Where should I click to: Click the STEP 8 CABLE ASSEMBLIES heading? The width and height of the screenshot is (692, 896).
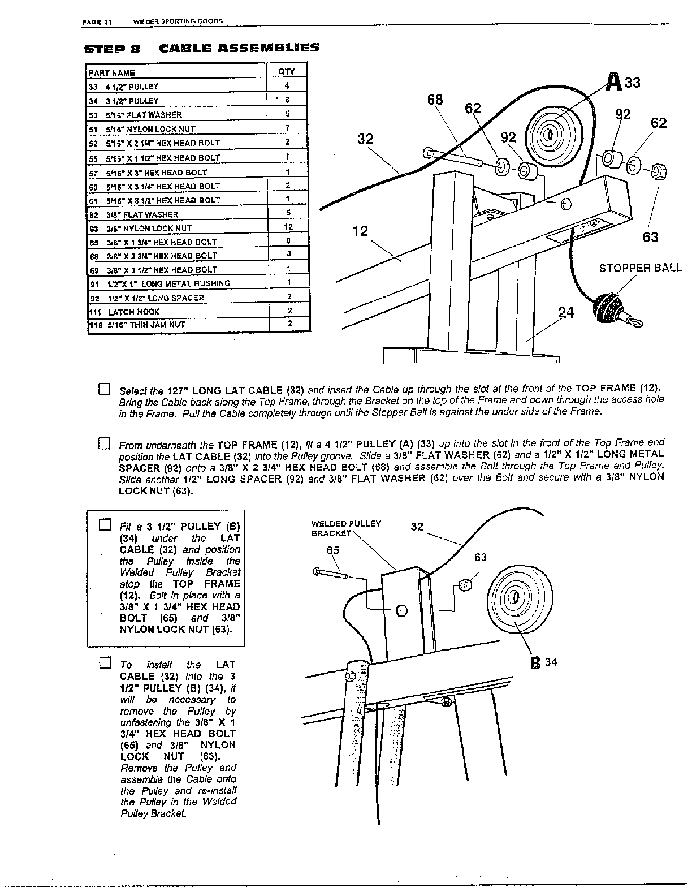click(x=201, y=48)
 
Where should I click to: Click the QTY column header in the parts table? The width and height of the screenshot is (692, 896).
click(x=286, y=72)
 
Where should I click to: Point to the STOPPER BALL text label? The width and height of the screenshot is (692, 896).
click(x=640, y=268)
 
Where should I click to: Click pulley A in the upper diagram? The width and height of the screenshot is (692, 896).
click(x=547, y=134)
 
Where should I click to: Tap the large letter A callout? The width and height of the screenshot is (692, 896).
click(x=613, y=83)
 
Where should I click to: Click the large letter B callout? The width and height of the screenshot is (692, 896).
click(x=535, y=662)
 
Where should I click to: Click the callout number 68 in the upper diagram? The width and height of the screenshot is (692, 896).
click(x=435, y=100)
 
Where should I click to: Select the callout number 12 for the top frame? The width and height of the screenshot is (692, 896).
click(x=360, y=231)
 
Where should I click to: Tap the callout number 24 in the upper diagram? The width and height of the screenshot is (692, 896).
click(x=566, y=312)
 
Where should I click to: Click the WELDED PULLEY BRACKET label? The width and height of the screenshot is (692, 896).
click(x=346, y=528)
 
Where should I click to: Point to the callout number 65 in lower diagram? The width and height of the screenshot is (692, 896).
click(x=333, y=550)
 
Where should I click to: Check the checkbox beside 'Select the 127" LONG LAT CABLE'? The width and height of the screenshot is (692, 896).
click(x=104, y=389)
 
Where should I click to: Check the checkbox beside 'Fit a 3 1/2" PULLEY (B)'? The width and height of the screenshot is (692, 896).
click(x=104, y=524)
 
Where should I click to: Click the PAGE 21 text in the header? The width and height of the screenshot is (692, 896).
click(x=97, y=22)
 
